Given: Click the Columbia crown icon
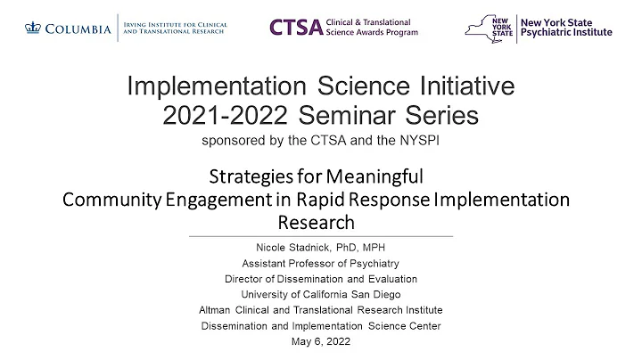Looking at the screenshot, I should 35,29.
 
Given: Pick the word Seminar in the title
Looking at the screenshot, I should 352,116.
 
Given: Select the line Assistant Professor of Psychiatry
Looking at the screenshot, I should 320,264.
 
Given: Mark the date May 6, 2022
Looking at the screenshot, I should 320,340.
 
